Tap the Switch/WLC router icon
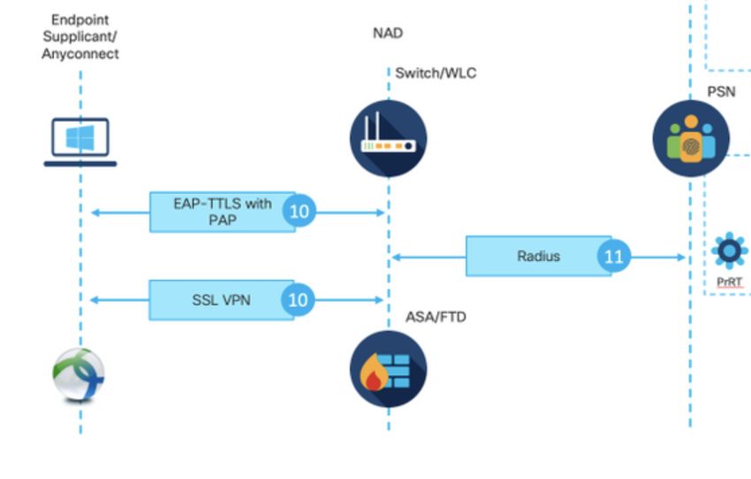(x=389, y=138)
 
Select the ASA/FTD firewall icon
(x=388, y=369)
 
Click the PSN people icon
(x=691, y=138)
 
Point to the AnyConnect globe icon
(x=79, y=375)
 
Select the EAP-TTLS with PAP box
(x=222, y=212)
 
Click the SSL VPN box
(x=221, y=300)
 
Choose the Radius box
(x=538, y=256)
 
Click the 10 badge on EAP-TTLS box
(x=299, y=212)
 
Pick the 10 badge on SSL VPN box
(x=299, y=300)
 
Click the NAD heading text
(x=388, y=34)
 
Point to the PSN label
(x=720, y=92)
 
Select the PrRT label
(x=729, y=282)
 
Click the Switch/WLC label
(x=436, y=72)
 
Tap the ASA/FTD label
(x=436, y=317)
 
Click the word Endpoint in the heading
(x=80, y=19)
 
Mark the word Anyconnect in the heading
(x=80, y=54)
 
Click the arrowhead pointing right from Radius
(x=681, y=257)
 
